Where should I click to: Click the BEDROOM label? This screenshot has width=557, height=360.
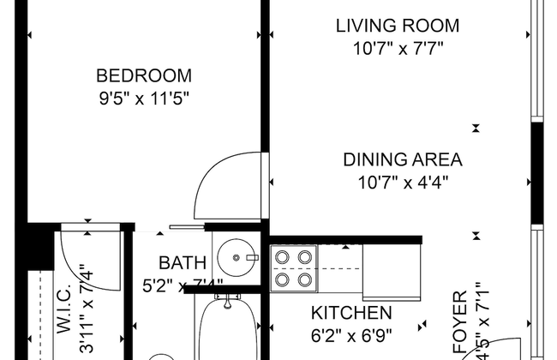point(143,75)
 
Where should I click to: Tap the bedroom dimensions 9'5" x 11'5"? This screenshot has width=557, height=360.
point(143,97)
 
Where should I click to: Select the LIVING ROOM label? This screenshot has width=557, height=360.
point(397,26)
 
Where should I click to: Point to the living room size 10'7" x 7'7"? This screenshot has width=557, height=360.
point(397,48)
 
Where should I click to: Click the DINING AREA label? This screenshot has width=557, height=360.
point(403,159)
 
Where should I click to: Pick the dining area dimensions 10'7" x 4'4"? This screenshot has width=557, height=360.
point(403,182)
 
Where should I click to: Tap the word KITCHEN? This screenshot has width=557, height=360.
point(351,313)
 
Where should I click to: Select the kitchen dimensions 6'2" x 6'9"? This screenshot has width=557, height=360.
point(351,335)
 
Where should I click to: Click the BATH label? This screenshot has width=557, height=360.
point(182,263)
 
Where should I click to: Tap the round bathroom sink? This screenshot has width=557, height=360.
point(232,255)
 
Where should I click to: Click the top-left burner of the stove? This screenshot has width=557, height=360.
point(283,255)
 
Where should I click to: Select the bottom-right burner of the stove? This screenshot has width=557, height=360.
point(305,279)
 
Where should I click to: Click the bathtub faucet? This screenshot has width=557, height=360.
point(227,301)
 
